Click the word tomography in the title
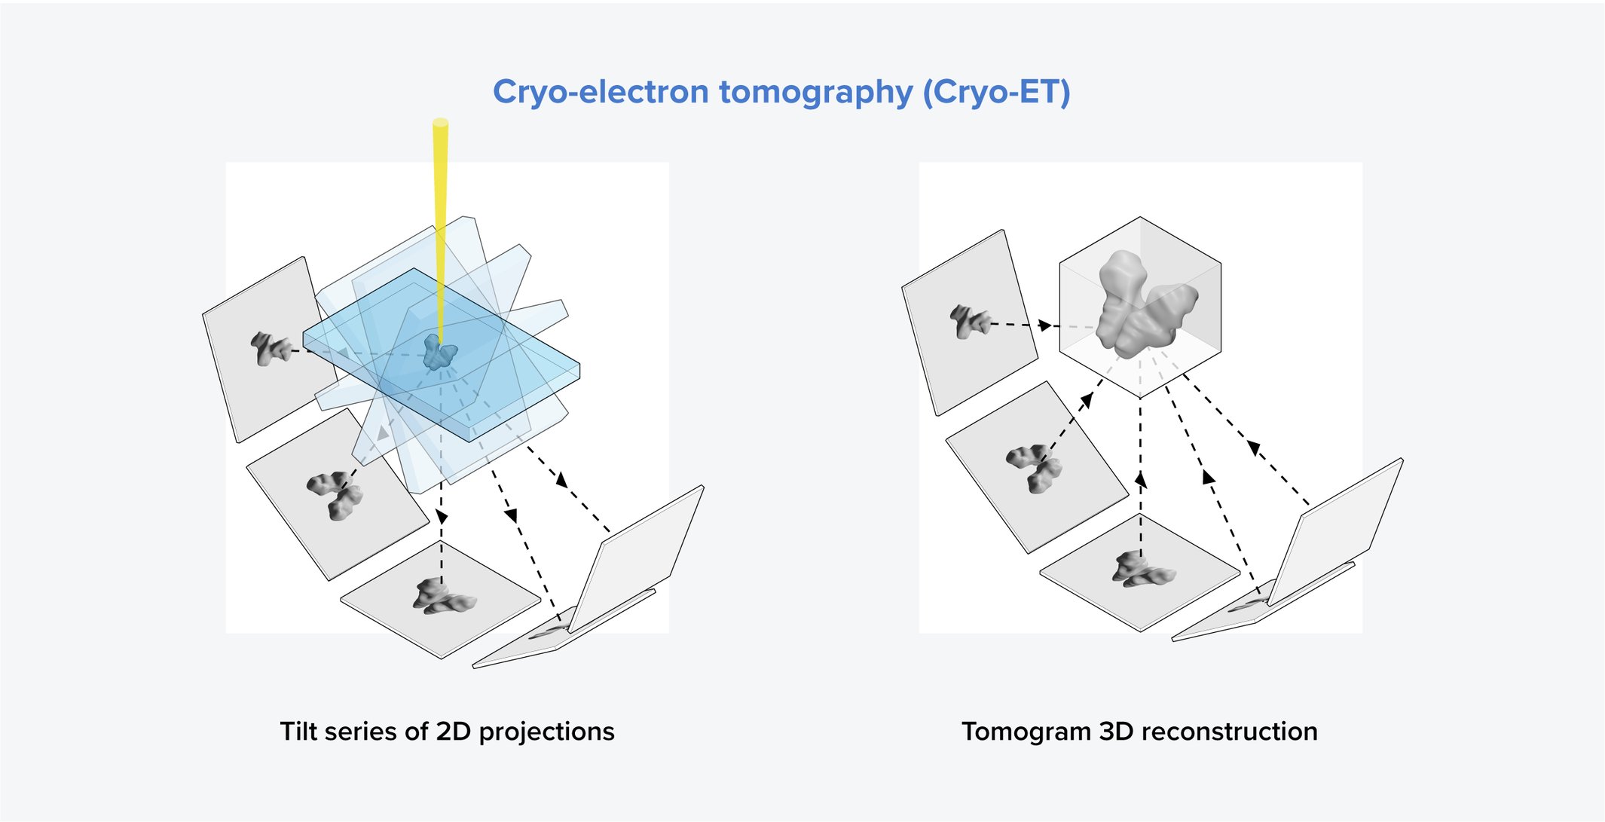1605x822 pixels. coord(816,92)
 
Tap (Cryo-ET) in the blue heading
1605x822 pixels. coord(996,92)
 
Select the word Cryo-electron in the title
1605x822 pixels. coord(601,92)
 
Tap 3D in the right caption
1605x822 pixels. coord(1117,732)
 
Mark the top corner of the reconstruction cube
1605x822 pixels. coord(1140,218)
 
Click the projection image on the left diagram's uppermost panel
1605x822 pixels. coord(270,349)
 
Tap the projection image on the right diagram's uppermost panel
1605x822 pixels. coord(969,322)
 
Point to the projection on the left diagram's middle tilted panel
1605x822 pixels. coord(336,494)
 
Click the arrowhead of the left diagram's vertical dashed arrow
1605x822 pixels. coord(442,517)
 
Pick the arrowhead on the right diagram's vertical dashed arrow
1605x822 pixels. coord(1141,479)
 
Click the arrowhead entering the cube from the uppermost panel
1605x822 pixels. coord(1044,325)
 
